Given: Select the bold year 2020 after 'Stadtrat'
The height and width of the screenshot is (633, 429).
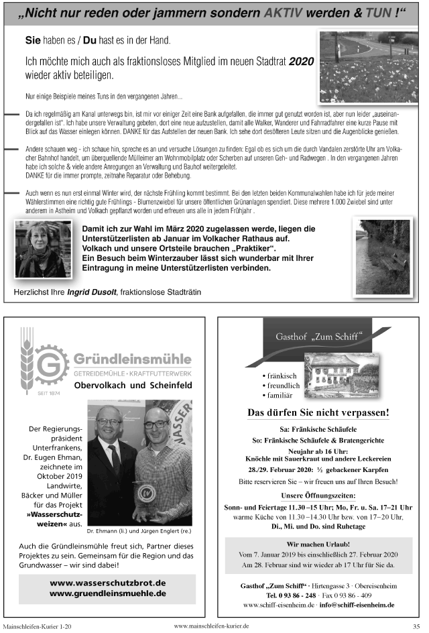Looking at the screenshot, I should coord(301,61).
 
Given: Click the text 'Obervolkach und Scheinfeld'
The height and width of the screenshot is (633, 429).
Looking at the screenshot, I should coord(133,386).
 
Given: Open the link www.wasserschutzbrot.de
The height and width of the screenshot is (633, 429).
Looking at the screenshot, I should coord(107,583).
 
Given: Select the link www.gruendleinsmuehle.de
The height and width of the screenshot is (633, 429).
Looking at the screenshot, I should coord(107,593).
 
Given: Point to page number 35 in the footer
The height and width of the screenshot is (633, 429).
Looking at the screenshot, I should coord(416,626).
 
